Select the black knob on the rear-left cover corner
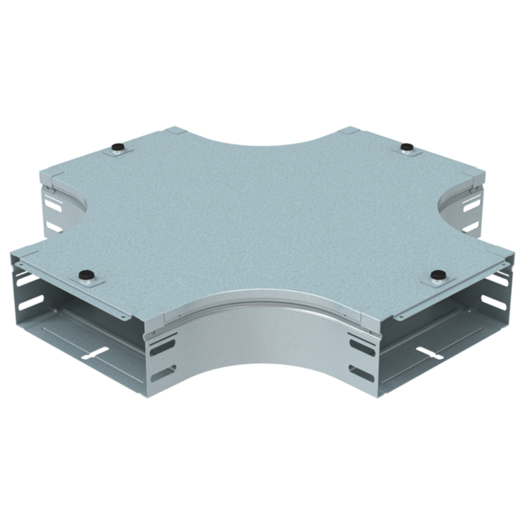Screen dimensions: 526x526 [x=119, y=146]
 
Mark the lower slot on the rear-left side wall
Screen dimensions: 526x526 [x=53, y=227]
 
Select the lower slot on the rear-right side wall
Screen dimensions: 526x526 [x=471, y=227]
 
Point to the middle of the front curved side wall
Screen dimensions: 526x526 [x=263, y=342]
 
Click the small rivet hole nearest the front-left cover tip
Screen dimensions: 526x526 [x=24, y=264]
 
